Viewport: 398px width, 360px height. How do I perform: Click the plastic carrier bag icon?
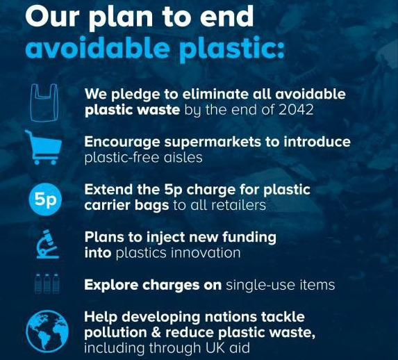pyautogui.click(x=44, y=103)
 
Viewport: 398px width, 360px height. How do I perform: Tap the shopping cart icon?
pyautogui.click(x=44, y=147)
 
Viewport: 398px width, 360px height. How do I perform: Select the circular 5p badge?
pyautogui.click(x=45, y=199)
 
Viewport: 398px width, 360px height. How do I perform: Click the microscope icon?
pyautogui.click(x=47, y=245)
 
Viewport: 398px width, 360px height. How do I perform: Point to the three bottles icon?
pyautogui.click(x=47, y=284)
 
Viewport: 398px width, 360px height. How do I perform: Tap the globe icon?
pyautogui.click(x=47, y=331)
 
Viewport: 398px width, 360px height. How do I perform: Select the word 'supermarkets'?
pyautogui.click(x=213, y=142)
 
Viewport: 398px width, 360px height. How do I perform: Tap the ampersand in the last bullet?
pyautogui.click(x=156, y=333)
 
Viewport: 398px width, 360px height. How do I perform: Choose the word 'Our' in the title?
pyautogui.click(x=53, y=16)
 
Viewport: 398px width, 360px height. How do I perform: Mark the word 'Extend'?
pyautogui.click(x=108, y=189)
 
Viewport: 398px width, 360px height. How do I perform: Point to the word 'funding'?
pyautogui.click(x=249, y=238)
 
